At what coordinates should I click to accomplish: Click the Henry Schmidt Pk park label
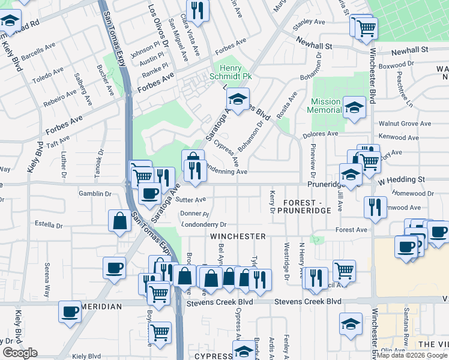pos(226,71)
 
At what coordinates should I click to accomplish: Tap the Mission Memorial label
pos(324,106)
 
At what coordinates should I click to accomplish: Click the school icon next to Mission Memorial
pos(354,107)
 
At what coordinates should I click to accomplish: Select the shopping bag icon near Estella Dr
pos(120,220)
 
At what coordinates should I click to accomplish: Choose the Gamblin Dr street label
pos(95,194)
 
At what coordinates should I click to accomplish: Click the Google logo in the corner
pos(20,353)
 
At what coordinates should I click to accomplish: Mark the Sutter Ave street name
pos(191,200)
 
